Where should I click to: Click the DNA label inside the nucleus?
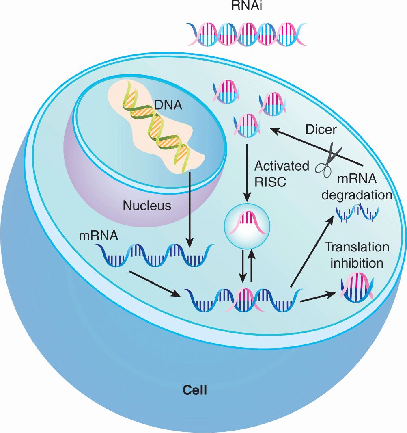coord(168,106)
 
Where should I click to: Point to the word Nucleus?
coord(147,206)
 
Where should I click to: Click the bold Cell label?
coord(195,390)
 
